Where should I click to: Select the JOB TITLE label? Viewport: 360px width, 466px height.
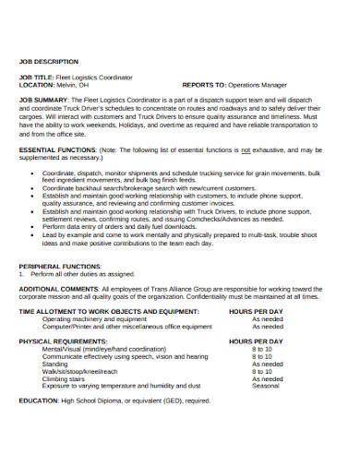[36, 77]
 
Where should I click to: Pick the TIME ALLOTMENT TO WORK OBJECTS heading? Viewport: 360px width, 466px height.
[102, 312]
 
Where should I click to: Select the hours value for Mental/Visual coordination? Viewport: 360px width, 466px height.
[262, 349]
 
